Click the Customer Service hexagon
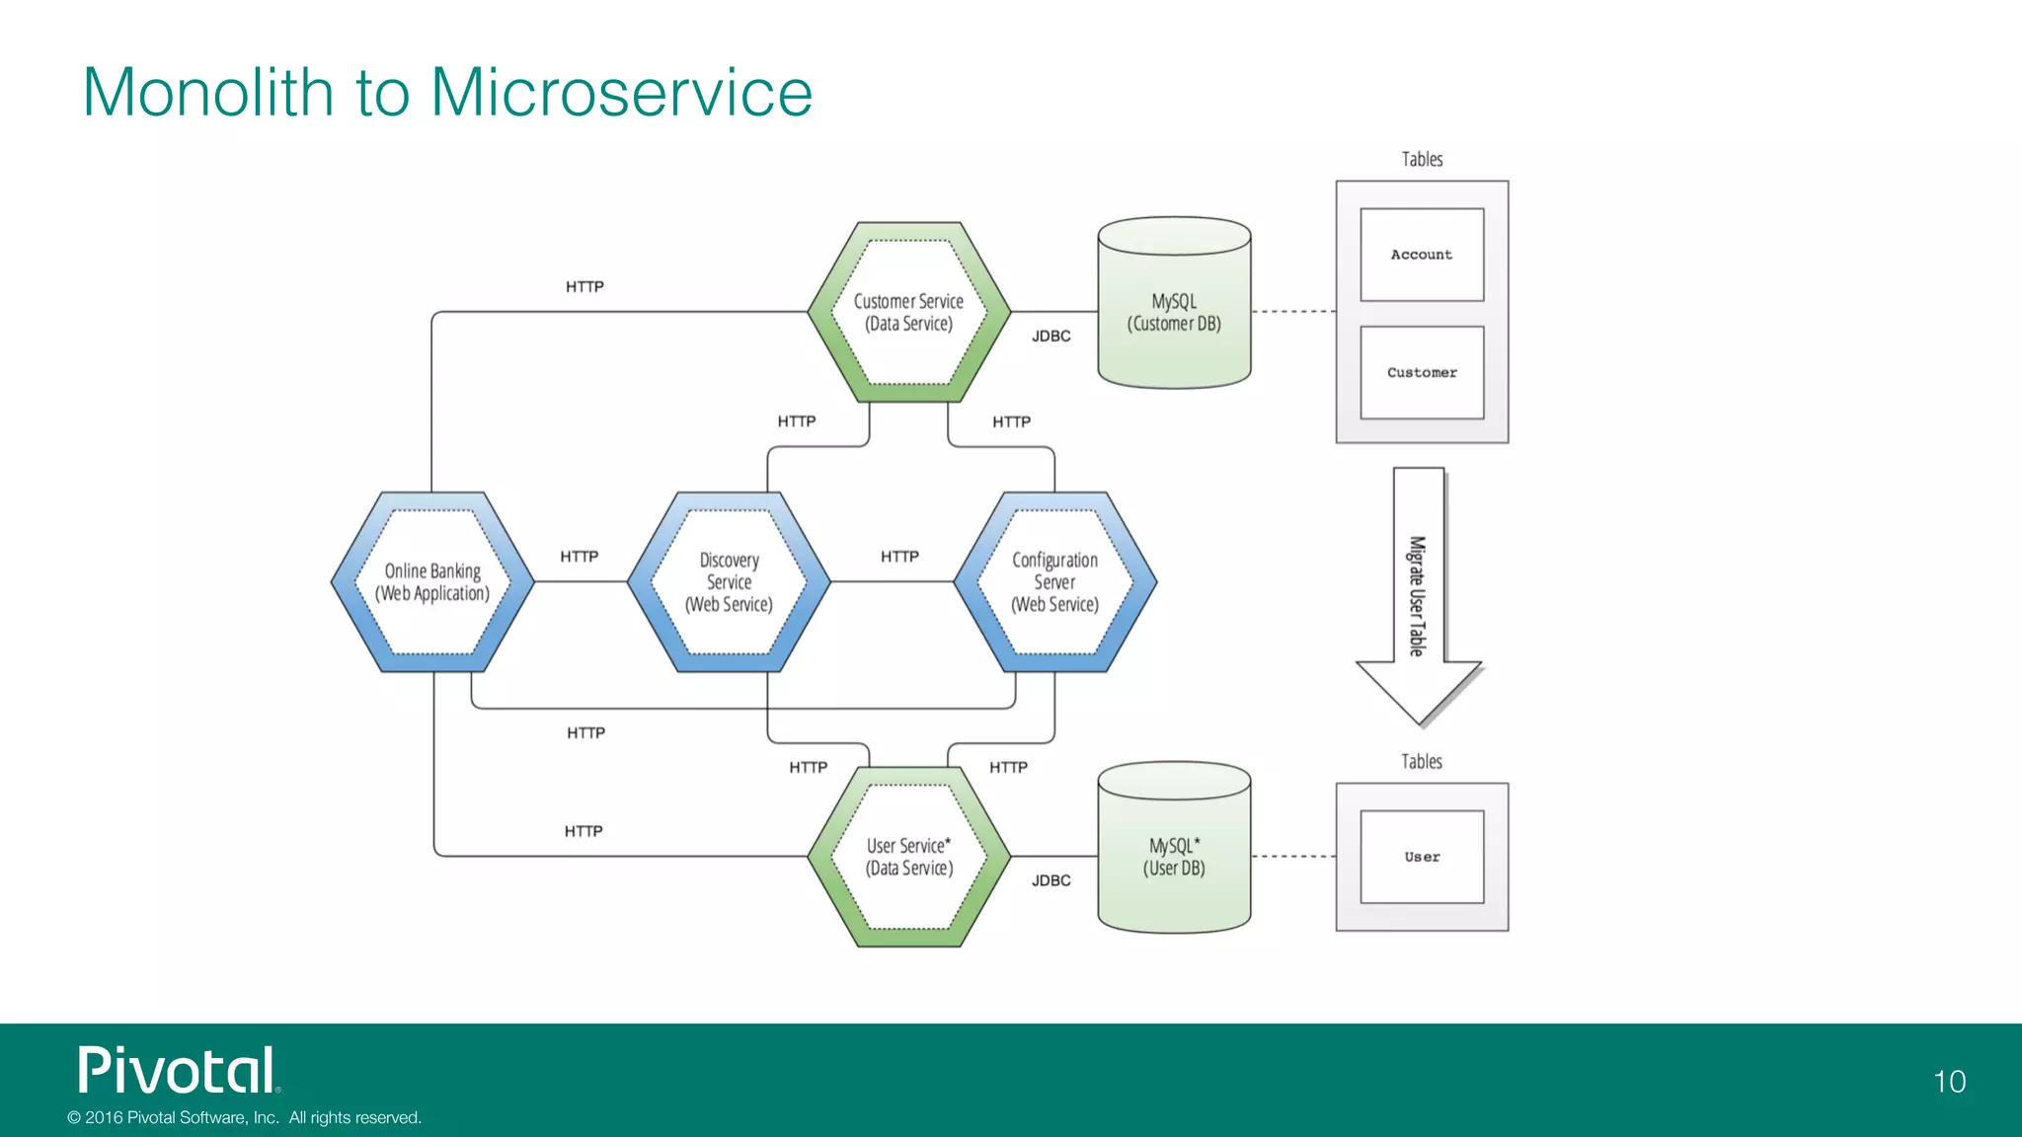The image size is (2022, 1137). (x=908, y=312)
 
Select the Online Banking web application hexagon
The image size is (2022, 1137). (x=432, y=582)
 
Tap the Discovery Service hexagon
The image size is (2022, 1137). (x=729, y=582)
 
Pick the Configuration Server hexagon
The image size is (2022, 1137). (x=1054, y=582)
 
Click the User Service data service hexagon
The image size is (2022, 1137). (x=908, y=857)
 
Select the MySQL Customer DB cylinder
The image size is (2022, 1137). (x=1174, y=312)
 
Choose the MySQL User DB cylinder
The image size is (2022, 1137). (x=1174, y=857)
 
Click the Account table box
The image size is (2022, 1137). (x=1422, y=255)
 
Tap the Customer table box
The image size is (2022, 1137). (x=1422, y=372)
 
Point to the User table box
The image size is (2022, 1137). (x=1422, y=857)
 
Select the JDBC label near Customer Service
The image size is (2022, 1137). (x=1050, y=337)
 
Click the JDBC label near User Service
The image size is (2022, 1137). (x=1050, y=880)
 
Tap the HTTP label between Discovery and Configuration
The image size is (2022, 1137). (x=899, y=557)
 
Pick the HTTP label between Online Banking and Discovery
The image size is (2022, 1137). (x=579, y=557)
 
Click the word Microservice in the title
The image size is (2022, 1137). (x=621, y=93)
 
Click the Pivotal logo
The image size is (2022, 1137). (x=179, y=1071)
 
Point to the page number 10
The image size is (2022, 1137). (x=1949, y=1082)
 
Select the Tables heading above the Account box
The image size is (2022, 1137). (x=1422, y=160)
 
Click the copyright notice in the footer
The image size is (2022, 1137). (x=244, y=1117)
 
